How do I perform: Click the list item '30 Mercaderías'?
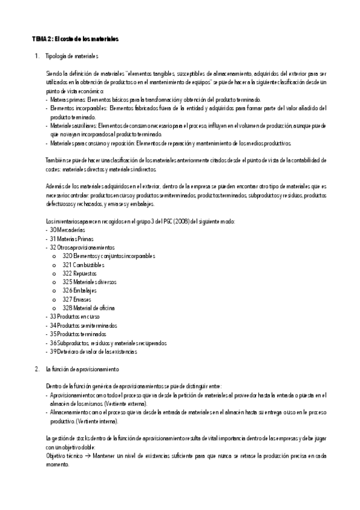(x=67, y=230)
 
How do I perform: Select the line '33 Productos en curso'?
(x=75, y=316)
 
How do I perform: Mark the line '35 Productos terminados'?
(x=78, y=333)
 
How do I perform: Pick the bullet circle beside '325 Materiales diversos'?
(x=55, y=281)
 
